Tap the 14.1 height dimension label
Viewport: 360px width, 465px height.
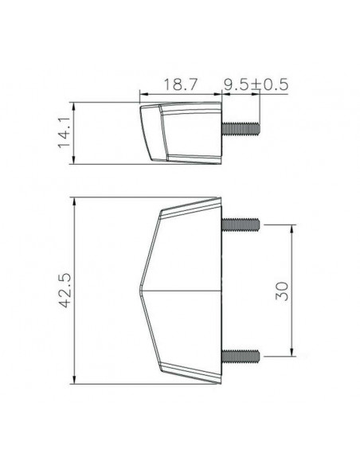pyautogui.click(x=64, y=132)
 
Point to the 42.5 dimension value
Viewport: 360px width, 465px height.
pyautogui.click(x=65, y=291)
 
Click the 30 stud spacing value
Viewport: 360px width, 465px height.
pyautogui.click(x=281, y=291)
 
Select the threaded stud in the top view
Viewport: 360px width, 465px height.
pyautogui.click(x=241, y=128)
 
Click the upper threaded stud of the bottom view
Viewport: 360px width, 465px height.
pyautogui.click(x=241, y=225)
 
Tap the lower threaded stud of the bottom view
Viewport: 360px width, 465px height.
pyautogui.click(x=241, y=356)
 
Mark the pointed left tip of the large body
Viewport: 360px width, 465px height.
pyautogui.click(x=139, y=290)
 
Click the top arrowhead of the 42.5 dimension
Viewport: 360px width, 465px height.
pyautogui.click(x=74, y=202)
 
